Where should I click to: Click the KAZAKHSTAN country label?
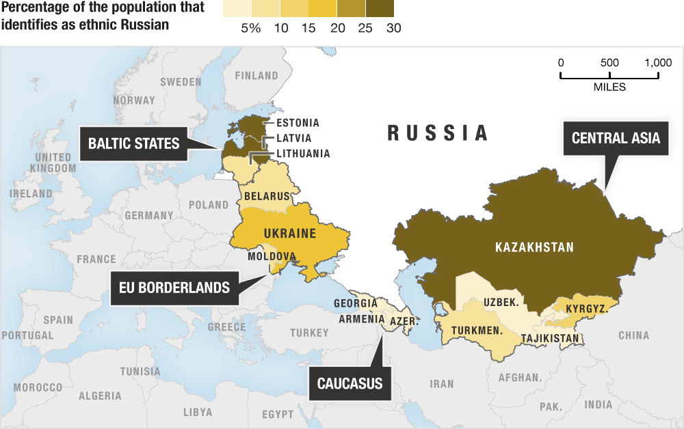tap(534, 247)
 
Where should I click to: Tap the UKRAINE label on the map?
tap(289, 234)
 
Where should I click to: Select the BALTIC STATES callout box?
tap(133, 143)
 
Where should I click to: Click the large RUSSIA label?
tap(438, 133)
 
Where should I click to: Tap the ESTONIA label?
tap(298, 123)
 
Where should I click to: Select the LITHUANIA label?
tap(302, 154)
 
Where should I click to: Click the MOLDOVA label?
tap(272, 257)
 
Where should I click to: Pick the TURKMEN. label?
tap(477, 330)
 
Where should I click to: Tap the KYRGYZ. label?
tap(586, 309)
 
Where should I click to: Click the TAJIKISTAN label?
tap(551, 338)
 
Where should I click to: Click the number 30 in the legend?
tap(393, 28)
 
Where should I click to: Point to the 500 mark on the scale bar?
tap(609, 62)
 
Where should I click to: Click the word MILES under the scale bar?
tap(609, 87)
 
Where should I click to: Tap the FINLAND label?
tap(256, 76)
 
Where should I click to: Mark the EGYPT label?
tap(278, 415)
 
